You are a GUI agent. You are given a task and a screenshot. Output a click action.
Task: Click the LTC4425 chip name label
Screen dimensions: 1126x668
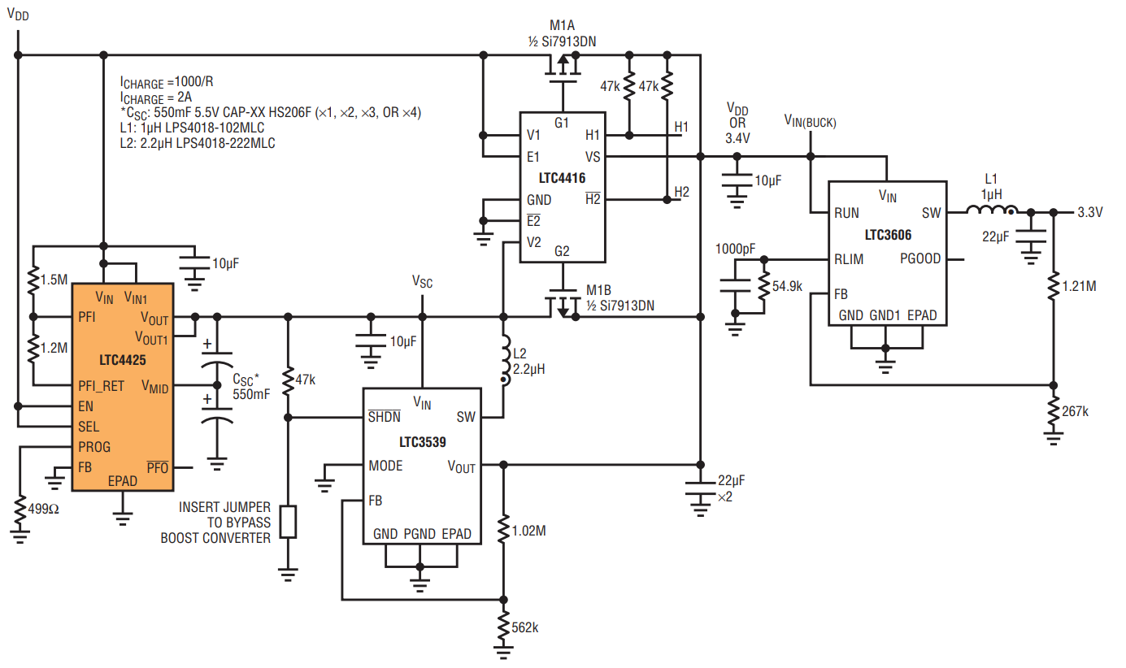point(123,360)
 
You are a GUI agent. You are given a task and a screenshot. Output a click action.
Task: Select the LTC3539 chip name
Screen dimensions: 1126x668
point(422,442)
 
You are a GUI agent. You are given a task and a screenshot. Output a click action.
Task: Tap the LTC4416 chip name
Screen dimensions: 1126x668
point(562,178)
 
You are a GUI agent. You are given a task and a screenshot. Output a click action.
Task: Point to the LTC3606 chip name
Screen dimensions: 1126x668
point(888,235)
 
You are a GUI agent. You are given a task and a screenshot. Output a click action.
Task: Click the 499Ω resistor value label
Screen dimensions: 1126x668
point(43,510)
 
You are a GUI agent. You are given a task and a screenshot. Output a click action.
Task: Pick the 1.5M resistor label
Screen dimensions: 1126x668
point(54,280)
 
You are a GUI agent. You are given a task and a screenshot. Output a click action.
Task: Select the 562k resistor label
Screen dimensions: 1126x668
point(525,627)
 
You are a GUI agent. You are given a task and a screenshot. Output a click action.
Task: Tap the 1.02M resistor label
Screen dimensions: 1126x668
point(528,531)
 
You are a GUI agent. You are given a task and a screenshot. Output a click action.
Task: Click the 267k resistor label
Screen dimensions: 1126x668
point(1076,411)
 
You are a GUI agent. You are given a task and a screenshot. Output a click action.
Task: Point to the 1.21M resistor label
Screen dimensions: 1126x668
point(1079,286)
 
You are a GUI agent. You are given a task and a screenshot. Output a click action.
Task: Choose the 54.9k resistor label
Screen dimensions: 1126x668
point(787,286)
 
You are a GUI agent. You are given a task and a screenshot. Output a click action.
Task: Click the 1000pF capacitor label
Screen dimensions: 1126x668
point(735,249)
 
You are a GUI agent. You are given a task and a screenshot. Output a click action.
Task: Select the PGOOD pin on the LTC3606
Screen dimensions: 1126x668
point(919,258)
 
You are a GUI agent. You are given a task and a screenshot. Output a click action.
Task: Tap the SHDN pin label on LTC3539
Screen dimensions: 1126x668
point(384,416)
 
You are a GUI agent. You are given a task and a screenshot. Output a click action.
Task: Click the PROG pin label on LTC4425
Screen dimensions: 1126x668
point(94,447)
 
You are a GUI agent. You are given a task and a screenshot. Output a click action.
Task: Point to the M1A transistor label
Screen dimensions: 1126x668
point(562,25)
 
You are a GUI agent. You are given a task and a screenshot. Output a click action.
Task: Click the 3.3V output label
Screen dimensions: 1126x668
point(1089,212)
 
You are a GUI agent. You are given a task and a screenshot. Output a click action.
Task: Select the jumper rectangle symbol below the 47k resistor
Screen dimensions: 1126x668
point(288,523)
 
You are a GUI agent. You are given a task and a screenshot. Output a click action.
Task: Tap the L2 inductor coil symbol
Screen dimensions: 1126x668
point(505,360)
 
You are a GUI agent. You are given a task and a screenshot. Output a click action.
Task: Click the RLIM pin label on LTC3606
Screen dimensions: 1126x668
point(849,259)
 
